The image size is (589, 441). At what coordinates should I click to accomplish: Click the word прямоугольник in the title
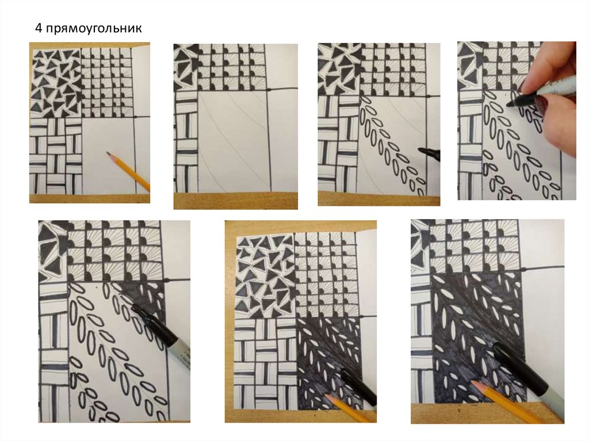pos(94,28)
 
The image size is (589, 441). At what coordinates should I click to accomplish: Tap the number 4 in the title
pos(39,28)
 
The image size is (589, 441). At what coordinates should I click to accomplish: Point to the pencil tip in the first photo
pos(108,154)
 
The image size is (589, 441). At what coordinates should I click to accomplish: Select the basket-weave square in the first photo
pos(56,156)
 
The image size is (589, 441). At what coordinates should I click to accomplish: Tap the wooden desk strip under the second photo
pos(235,201)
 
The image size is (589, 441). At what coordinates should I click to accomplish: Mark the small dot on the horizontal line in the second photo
pos(269,90)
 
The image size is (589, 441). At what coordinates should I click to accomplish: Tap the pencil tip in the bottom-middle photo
pos(326,396)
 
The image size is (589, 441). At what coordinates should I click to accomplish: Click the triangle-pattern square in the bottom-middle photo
pos(265,276)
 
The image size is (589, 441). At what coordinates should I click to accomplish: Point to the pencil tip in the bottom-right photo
pos(473,383)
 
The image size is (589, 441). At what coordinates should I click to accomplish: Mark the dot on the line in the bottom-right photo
pos(523,270)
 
